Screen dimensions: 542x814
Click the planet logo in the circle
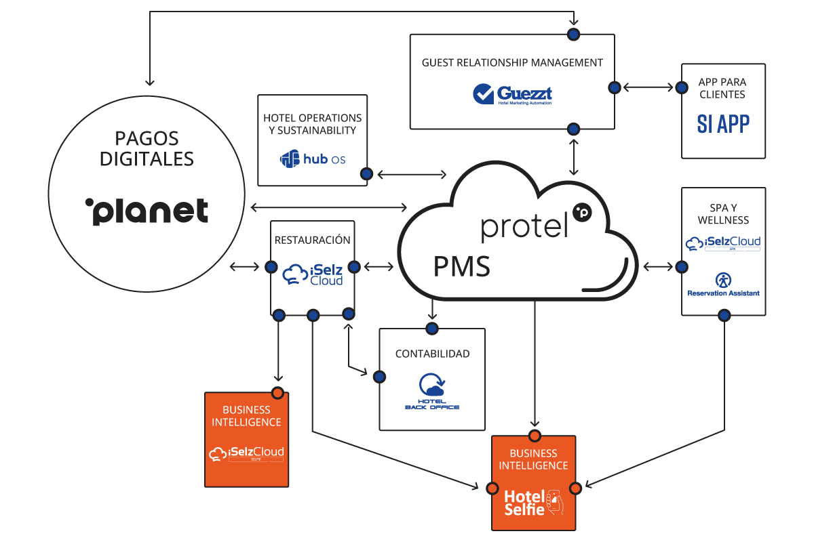coord(147,211)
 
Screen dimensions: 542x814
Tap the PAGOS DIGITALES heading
coord(147,149)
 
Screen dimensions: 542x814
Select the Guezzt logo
coord(512,94)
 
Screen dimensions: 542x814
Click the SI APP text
coord(723,124)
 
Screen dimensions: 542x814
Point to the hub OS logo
coord(313,159)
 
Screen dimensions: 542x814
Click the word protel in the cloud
coord(524,226)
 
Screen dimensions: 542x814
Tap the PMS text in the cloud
coord(461,266)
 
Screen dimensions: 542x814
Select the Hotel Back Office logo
coord(432,392)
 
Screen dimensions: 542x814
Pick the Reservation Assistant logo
coord(723,284)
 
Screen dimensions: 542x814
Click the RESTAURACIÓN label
coord(313,240)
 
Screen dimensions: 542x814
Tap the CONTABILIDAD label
coord(432,354)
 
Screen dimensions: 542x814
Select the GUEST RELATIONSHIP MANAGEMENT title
coord(512,62)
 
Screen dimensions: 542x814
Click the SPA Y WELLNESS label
coord(723,213)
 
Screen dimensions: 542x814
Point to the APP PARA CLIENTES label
coord(723,88)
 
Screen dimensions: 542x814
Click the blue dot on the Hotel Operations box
coord(366,174)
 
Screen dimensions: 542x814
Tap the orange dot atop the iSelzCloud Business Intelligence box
coord(277,392)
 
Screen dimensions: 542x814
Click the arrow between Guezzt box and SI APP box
coord(648,87)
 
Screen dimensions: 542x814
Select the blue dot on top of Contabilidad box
coord(432,329)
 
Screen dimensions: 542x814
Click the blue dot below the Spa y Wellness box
coord(724,315)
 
